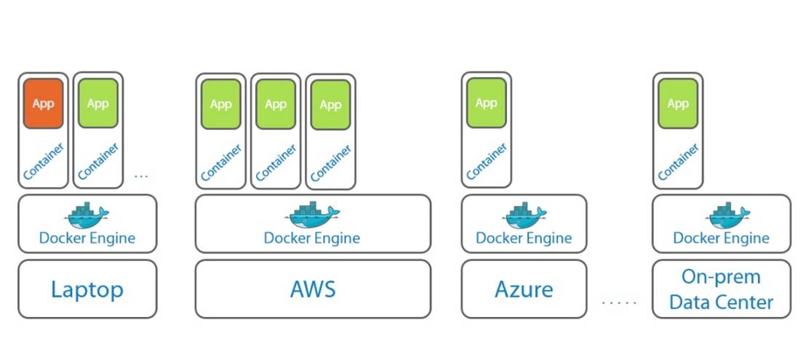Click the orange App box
pyautogui.click(x=43, y=104)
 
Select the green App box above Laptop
pyautogui.click(x=97, y=103)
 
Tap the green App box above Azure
pyautogui.click(x=486, y=103)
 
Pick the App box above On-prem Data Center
pyautogui.click(x=677, y=103)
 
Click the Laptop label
pyautogui.click(x=87, y=289)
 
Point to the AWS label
pyautogui.click(x=313, y=289)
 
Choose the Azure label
pyautogui.click(x=524, y=289)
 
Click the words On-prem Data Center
pyautogui.click(x=721, y=289)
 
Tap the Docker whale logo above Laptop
pyautogui.click(x=88, y=213)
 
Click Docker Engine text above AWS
pyautogui.click(x=311, y=238)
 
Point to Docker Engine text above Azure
pyautogui.click(x=524, y=238)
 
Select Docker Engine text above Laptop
pyautogui.click(x=87, y=238)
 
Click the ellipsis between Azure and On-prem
pyautogui.click(x=619, y=301)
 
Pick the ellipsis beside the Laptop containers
pyautogui.click(x=142, y=175)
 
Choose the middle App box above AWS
pyautogui.click(x=276, y=104)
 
